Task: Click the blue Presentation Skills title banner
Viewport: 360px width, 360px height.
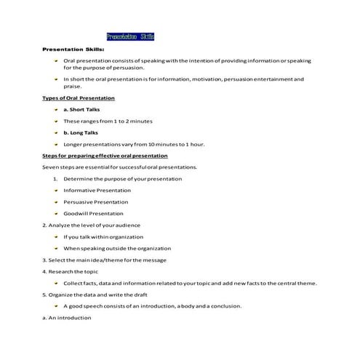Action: [130, 36]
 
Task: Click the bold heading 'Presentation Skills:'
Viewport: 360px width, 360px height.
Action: [73, 49]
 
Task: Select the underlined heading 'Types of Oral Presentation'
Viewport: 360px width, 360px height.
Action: [79, 97]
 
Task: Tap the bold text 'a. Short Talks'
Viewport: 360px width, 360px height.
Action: [81, 108]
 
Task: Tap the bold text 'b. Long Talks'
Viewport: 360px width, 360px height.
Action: [81, 132]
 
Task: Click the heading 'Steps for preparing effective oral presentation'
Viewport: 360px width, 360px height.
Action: [105, 156]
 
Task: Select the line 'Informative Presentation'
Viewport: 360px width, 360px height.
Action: [97, 190]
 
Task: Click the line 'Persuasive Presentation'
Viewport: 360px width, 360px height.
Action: [96, 201]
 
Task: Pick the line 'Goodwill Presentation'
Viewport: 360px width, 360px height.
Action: [94, 213]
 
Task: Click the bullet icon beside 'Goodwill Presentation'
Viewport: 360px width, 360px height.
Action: [56, 213]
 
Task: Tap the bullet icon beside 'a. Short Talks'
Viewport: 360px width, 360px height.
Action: [56, 108]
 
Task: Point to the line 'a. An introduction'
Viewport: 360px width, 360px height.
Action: [65, 318]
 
